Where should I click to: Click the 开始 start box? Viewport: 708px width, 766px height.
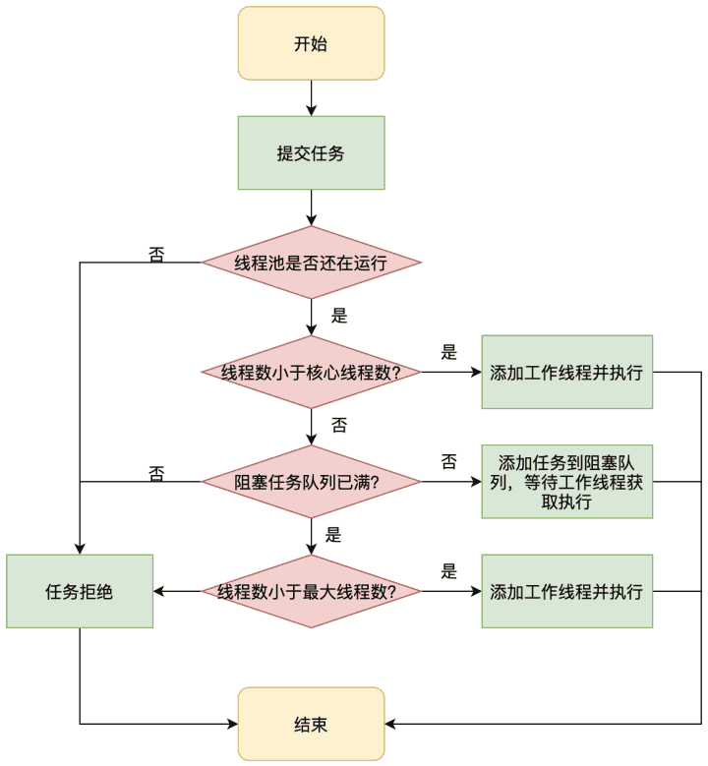click(312, 43)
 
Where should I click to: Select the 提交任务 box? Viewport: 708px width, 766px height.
click(312, 153)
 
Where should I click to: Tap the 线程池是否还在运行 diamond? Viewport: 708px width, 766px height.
click(312, 263)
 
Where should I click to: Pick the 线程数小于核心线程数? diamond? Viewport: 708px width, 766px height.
click(312, 373)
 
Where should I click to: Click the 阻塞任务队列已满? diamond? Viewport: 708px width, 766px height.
click(312, 482)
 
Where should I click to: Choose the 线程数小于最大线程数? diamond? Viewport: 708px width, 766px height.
click(312, 592)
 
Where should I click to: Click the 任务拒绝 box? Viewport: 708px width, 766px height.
click(80, 592)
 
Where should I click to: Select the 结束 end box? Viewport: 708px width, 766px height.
click(312, 724)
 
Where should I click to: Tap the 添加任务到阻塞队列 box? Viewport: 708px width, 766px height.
click(567, 482)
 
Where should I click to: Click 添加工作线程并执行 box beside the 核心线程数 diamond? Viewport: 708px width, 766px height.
click(567, 373)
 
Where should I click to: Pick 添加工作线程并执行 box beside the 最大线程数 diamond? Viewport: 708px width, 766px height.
click(567, 592)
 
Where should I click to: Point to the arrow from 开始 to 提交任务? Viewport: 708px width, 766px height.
click(312, 97)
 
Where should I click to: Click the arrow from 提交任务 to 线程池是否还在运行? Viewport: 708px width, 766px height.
click(312, 207)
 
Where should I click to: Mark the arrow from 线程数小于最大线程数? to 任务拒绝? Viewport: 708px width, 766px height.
click(177, 592)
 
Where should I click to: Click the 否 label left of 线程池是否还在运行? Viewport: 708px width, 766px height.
click(156, 255)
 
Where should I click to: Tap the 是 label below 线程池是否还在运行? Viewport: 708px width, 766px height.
click(339, 316)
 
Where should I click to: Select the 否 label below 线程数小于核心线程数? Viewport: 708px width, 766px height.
click(339, 425)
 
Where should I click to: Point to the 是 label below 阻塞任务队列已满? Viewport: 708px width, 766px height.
click(333, 535)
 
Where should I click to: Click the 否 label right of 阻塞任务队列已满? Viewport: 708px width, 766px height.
click(449, 461)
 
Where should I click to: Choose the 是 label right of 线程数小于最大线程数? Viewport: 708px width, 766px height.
click(449, 571)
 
